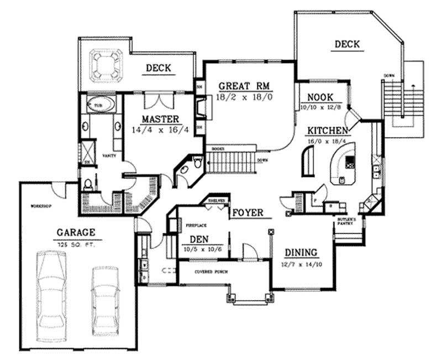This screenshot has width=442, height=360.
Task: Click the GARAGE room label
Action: pyautogui.click(x=76, y=232)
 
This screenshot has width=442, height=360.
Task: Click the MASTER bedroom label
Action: pyautogui.click(x=160, y=119)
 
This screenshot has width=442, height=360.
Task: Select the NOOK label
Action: pyautogui.click(x=320, y=96)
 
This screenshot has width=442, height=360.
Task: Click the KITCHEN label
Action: pyautogui.click(x=328, y=131)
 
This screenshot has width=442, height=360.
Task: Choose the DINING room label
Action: pyautogui.click(x=301, y=252)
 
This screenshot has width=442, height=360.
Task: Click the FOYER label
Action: pyautogui.click(x=247, y=212)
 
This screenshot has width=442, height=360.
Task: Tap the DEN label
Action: pyautogui.click(x=199, y=239)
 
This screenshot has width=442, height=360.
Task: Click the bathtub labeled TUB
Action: pyautogui.click(x=100, y=105)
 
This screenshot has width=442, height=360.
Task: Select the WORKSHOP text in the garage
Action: pyautogui.click(x=41, y=206)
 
